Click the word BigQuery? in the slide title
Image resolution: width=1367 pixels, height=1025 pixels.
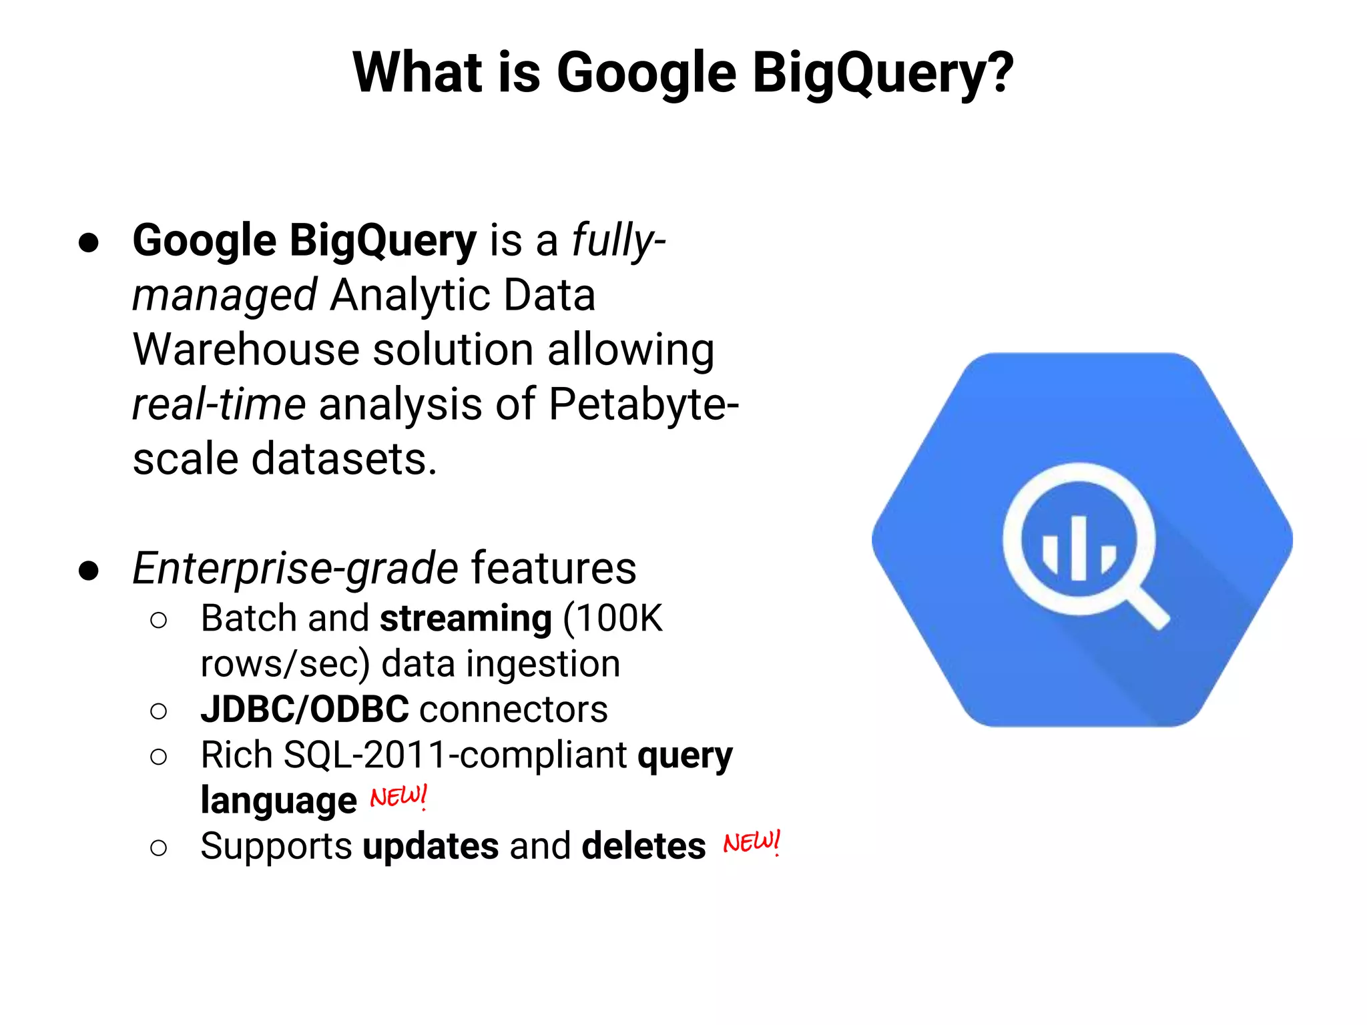pos(882,73)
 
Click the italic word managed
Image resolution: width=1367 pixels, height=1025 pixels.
pos(224,296)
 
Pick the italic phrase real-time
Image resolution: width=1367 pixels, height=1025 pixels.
pos(219,404)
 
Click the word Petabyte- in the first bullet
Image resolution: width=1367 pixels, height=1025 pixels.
pos(643,404)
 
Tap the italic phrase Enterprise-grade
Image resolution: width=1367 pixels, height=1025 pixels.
pos(295,569)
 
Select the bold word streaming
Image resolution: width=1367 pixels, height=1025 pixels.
pos(466,619)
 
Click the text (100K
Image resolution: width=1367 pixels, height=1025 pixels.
pos(613,619)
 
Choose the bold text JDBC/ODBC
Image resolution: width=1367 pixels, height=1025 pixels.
pos(304,709)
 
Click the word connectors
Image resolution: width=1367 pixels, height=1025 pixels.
pos(514,709)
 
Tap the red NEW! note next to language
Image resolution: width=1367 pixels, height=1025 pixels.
pos(398,797)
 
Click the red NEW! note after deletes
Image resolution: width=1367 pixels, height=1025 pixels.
pos(752,843)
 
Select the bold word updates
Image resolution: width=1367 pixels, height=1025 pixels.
pos(431,847)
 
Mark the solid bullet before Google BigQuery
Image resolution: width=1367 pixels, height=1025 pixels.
pos(89,242)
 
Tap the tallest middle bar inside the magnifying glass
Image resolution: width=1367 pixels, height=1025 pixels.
pos(1079,548)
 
